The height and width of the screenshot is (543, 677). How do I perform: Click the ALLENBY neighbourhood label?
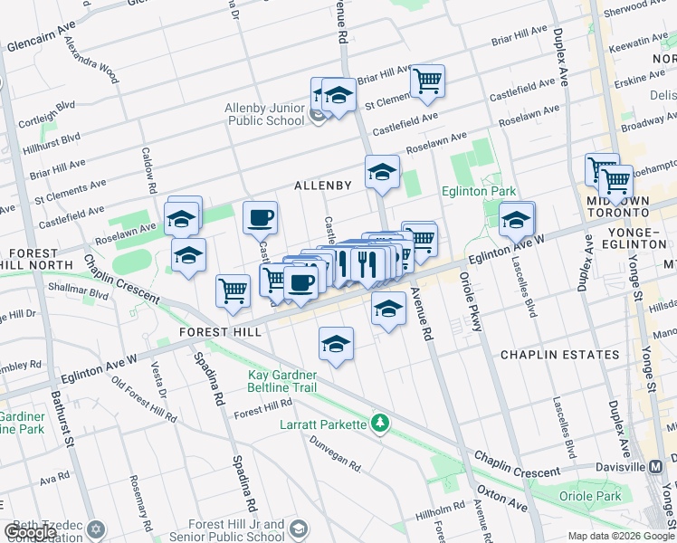(x=322, y=185)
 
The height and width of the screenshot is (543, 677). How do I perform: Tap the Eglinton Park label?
(x=479, y=191)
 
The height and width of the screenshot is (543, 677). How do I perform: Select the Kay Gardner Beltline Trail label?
(x=291, y=380)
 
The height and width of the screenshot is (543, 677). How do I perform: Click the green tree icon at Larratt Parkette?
(x=381, y=423)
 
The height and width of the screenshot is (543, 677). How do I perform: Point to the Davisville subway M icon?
(x=657, y=466)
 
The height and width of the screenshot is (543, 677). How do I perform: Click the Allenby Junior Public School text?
(x=265, y=114)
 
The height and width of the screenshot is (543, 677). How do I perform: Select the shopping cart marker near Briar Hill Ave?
(x=427, y=81)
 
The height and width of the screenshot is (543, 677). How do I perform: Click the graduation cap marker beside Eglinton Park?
(x=517, y=219)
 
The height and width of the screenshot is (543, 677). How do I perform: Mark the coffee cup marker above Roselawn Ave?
(x=260, y=217)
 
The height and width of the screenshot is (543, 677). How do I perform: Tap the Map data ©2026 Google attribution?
(x=621, y=536)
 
